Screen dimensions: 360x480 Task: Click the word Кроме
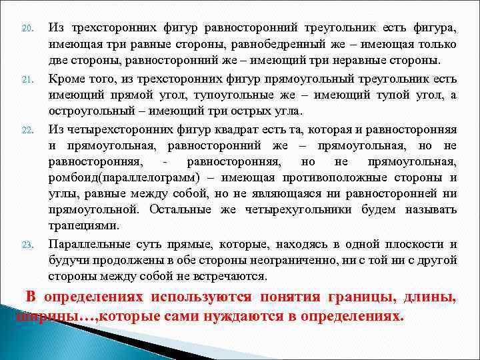pyautogui.click(x=65, y=79)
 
